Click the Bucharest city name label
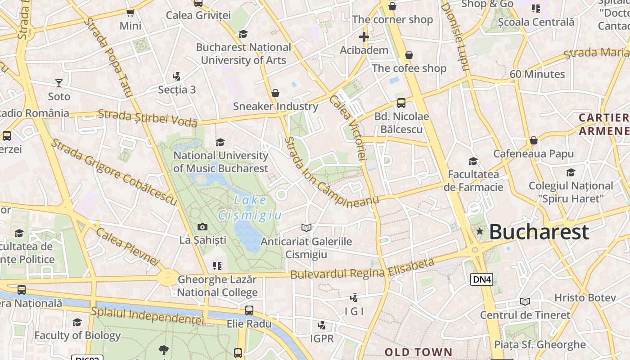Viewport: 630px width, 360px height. tap(539, 232)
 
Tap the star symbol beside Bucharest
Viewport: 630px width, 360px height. tap(480, 231)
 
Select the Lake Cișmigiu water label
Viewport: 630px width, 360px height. tap(250, 208)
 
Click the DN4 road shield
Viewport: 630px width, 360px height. tap(482, 279)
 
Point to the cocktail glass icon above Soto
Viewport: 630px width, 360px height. tap(59, 83)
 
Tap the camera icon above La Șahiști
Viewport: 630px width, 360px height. tap(202, 227)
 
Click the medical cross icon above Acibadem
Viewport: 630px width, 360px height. tap(364, 36)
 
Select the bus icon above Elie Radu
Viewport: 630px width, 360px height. tap(249, 310)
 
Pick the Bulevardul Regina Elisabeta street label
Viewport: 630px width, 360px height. tap(362, 269)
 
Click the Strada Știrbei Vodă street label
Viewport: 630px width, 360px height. tap(148, 117)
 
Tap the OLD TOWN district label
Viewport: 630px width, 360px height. tap(418, 352)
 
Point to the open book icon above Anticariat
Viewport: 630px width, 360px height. tap(306, 228)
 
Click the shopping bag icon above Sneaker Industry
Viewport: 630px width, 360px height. tap(275, 93)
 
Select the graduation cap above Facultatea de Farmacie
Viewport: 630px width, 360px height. tap(473, 161)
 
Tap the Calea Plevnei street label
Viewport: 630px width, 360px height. tap(128, 246)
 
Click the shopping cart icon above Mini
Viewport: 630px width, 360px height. tap(130, 13)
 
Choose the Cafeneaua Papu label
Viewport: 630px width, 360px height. tap(533, 154)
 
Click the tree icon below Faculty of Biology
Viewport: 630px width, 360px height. tap(164, 349)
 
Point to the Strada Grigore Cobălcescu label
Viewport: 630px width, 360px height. tap(113, 173)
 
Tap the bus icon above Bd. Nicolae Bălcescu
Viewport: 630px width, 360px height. tap(401, 103)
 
